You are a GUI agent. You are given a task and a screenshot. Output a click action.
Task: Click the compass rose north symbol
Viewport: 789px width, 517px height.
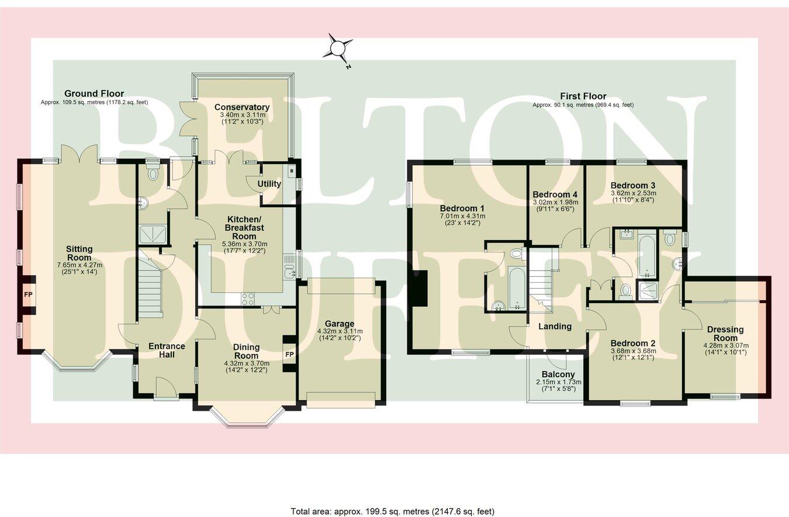click(338, 48)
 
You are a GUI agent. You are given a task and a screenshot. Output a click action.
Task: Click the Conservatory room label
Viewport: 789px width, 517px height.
click(241, 107)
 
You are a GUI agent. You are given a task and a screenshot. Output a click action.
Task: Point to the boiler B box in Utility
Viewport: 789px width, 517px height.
click(291, 170)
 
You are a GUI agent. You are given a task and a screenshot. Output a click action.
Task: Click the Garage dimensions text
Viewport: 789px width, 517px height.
click(340, 335)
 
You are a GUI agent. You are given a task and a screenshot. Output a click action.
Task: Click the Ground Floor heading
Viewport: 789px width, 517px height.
click(94, 93)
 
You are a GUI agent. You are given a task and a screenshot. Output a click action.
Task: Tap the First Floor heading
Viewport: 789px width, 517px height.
click(583, 96)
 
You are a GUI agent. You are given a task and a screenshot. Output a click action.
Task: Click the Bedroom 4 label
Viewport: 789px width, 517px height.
click(555, 195)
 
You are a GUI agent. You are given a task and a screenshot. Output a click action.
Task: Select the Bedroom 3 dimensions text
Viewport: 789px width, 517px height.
click(633, 196)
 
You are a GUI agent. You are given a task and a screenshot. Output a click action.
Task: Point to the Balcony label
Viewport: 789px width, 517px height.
click(558, 374)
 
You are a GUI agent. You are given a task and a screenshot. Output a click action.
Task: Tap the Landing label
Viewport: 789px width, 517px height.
click(555, 327)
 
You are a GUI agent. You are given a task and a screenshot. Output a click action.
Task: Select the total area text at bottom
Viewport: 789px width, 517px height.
click(392, 511)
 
